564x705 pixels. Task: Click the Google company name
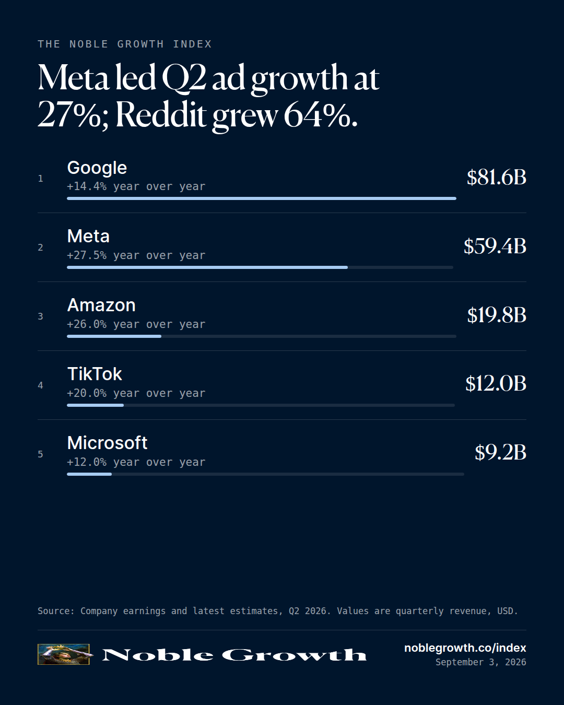(97, 169)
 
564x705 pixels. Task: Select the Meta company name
(88, 236)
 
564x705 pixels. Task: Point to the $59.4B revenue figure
(495, 246)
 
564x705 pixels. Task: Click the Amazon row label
(101, 305)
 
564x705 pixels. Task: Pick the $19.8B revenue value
(497, 315)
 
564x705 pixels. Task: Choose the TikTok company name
(95, 374)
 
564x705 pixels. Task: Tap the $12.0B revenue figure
(496, 384)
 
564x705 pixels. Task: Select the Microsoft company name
(107, 443)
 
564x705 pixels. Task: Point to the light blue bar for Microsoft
(89, 474)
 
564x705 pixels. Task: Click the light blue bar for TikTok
(96, 405)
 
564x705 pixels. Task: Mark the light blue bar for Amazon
(114, 336)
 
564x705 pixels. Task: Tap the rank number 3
(40, 316)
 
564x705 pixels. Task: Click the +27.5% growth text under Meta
(87, 255)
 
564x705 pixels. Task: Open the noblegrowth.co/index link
(465, 648)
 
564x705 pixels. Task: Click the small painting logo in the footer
(64, 654)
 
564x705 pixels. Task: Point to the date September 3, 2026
(481, 662)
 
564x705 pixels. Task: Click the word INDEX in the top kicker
(192, 44)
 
